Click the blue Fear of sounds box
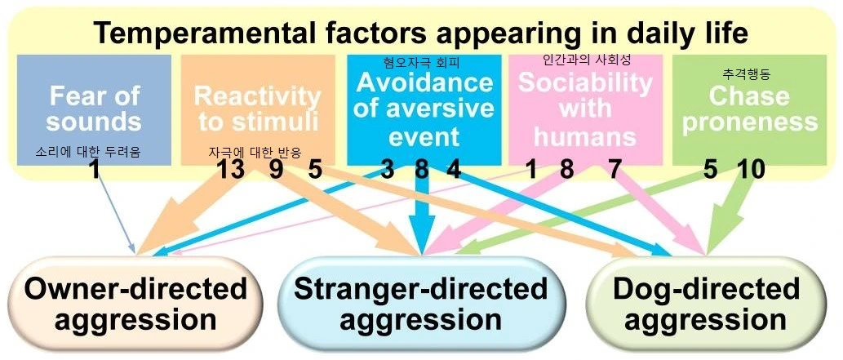pyautogui.click(x=93, y=109)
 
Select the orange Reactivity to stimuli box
pyautogui.click(x=257, y=109)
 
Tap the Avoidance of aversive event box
pyautogui.click(x=423, y=109)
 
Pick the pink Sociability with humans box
pyautogui.click(x=586, y=109)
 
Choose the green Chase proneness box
pyautogui.click(x=750, y=109)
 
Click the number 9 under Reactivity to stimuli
pyautogui.click(x=277, y=171)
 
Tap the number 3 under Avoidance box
pyautogui.click(x=388, y=171)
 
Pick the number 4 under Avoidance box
pyautogui.click(x=454, y=171)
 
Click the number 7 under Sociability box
pyautogui.click(x=615, y=171)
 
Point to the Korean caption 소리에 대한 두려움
pyautogui.click(x=88, y=152)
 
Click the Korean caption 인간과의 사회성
pyautogui.click(x=587, y=61)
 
